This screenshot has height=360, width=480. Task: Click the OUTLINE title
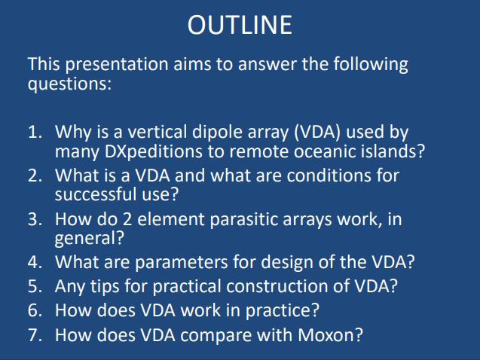240,25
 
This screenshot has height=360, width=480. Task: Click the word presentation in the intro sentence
117,65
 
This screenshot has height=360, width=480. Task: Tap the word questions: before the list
69,84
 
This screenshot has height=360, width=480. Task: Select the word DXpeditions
153,151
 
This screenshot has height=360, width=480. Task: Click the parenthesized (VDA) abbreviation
316,132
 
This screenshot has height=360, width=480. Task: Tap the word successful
96,194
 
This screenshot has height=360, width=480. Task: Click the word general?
90,239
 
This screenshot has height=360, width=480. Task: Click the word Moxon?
330,334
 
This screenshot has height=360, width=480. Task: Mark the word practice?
283,311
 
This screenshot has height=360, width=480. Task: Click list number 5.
35,286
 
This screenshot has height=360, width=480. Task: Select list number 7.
35,334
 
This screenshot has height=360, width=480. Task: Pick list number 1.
35,132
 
